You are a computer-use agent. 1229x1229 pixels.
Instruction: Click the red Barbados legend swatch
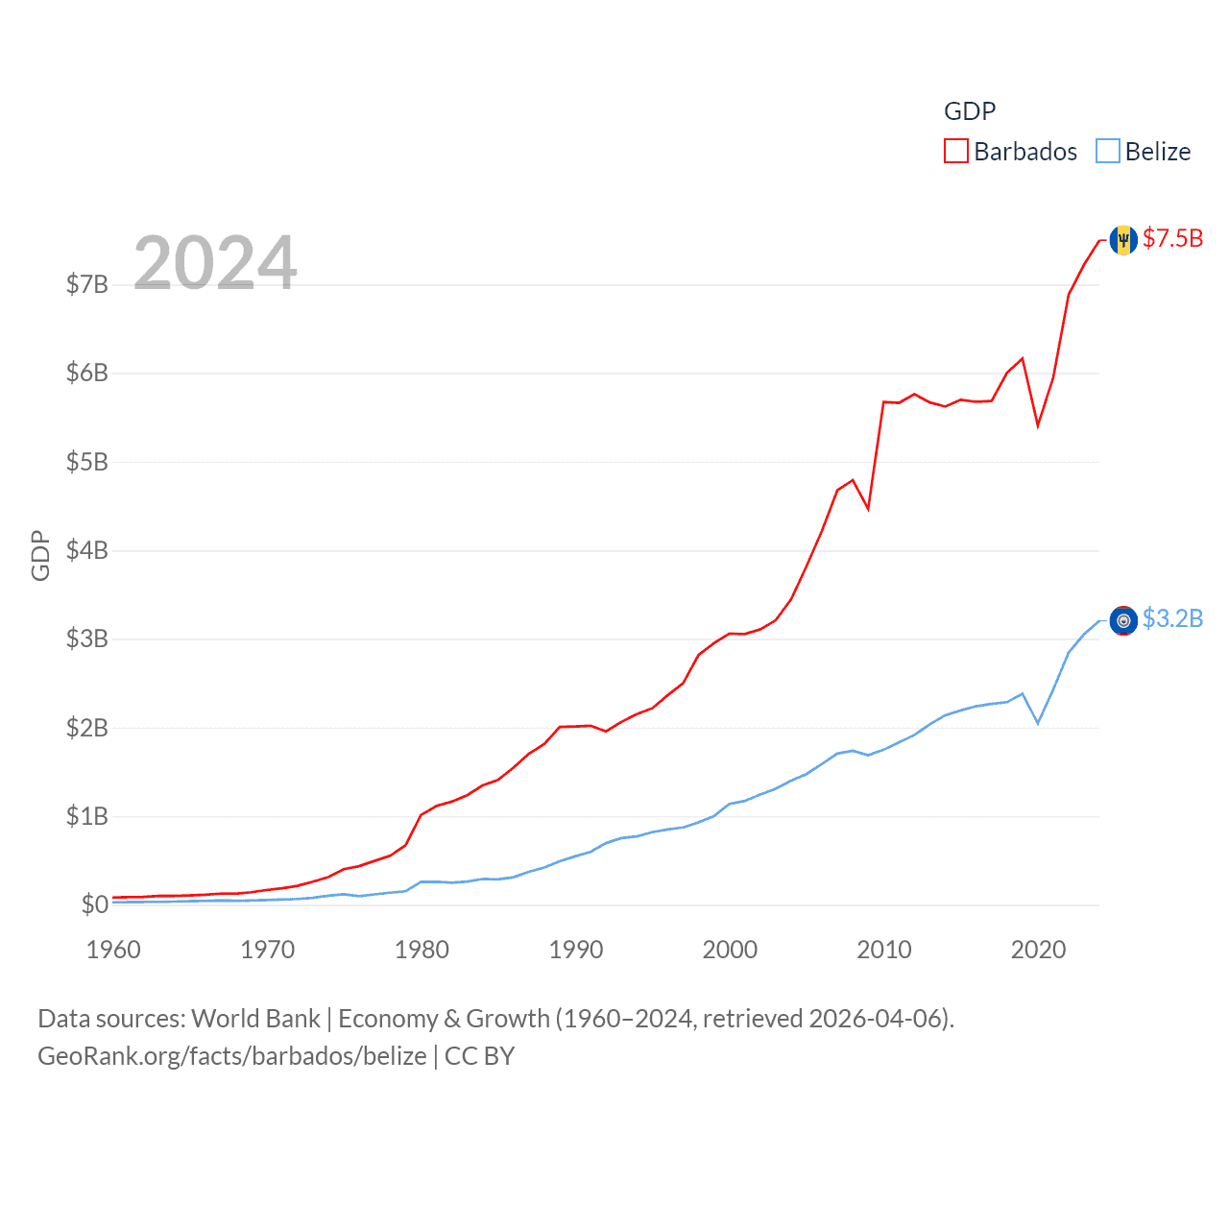coord(956,152)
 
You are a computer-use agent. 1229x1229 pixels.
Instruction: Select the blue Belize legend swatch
coord(1108,152)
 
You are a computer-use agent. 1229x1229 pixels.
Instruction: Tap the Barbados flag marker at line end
coord(1123,240)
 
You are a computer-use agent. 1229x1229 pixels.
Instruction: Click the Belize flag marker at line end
coord(1123,620)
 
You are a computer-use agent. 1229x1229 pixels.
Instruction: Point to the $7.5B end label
coord(1172,238)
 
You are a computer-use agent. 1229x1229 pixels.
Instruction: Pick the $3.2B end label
coord(1172,618)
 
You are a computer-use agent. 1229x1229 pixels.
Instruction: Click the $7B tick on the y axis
coord(86,284)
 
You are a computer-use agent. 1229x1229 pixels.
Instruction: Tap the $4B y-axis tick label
coord(86,550)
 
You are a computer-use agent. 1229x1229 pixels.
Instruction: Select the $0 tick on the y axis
coord(94,904)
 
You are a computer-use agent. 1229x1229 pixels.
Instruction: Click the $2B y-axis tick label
coord(86,728)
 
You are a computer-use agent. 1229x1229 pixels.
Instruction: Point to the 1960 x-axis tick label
coord(113,950)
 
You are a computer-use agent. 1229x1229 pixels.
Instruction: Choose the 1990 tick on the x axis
coord(576,950)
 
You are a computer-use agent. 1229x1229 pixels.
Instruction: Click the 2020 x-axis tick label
coord(1038,950)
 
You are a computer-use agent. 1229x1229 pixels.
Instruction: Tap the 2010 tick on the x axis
coord(884,950)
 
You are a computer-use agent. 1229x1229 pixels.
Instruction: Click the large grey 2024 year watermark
coord(215,262)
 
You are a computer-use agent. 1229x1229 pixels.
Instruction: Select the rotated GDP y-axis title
coord(40,555)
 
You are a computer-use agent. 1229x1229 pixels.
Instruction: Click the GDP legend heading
coord(970,111)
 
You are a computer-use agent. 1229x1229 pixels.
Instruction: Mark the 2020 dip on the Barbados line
coord(1038,424)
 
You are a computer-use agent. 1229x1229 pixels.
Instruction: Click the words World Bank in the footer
coord(255,1018)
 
